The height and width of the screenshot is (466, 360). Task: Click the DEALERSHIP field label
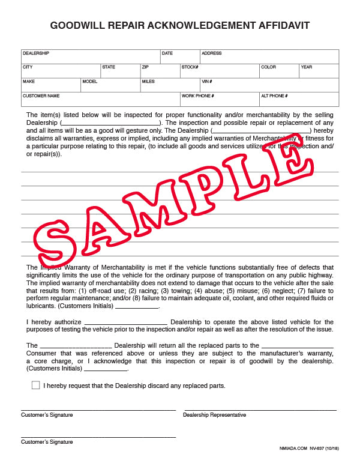click(x=35, y=53)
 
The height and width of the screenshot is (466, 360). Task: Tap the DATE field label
click(x=167, y=53)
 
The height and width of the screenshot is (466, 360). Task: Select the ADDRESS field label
click(x=211, y=53)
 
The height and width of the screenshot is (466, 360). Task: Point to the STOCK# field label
click(x=190, y=67)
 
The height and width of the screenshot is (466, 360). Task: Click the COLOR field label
click(x=268, y=67)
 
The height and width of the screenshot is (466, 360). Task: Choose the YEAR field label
click(x=307, y=67)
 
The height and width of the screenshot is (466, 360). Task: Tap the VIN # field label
click(x=207, y=82)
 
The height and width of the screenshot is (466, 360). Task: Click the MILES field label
click(x=148, y=82)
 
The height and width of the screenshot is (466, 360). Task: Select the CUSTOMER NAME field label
click(x=41, y=96)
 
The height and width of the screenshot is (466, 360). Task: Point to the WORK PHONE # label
click(x=197, y=96)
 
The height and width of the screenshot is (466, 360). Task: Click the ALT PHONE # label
click(x=274, y=96)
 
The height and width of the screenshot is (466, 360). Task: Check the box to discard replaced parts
click(x=35, y=385)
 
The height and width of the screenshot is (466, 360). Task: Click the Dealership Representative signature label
click(x=214, y=415)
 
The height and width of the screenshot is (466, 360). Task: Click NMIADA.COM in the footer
click(x=293, y=449)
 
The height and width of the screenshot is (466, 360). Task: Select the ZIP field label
click(x=145, y=67)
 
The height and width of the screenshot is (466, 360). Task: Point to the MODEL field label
click(x=89, y=82)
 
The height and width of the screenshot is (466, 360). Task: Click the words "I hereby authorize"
click(x=54, y=322)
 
